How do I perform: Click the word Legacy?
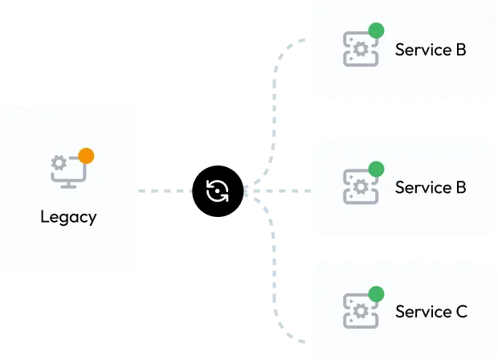68,217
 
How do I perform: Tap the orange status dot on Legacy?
86,156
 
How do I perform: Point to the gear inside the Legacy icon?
59,163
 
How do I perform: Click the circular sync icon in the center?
218,190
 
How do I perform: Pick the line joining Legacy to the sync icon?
165,190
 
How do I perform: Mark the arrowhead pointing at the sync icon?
251,191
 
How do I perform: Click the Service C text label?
431,311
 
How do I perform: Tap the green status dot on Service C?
375,293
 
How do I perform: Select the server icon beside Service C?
360,310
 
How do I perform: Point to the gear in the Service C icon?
361,310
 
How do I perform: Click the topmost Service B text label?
430,50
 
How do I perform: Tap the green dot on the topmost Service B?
375,31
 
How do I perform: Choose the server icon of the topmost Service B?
360,48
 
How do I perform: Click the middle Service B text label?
430,187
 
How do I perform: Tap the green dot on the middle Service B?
375,169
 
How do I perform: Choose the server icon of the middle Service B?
360,186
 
